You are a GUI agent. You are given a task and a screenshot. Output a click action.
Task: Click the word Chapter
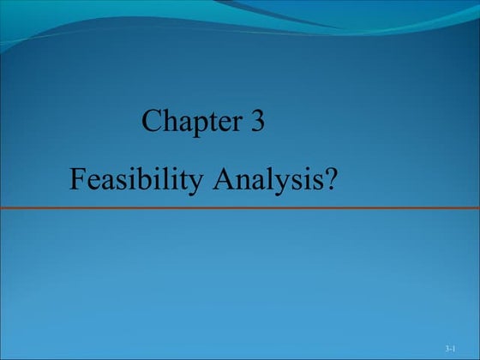point(191,122)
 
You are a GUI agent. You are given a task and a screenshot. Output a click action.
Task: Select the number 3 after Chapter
point(256,122)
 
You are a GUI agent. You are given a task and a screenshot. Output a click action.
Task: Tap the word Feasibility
point(135,180)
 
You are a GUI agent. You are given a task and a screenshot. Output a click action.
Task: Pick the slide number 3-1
point(450,351)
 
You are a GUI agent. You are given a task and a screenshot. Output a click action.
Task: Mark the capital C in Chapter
point(152,122)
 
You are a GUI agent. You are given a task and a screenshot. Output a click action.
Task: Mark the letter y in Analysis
point(286,183)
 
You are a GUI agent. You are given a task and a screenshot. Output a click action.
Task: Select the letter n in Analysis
point(240,182)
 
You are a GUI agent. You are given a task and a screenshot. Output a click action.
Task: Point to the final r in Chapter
point(235,124)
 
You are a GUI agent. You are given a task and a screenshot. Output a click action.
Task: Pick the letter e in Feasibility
point(93,182)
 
